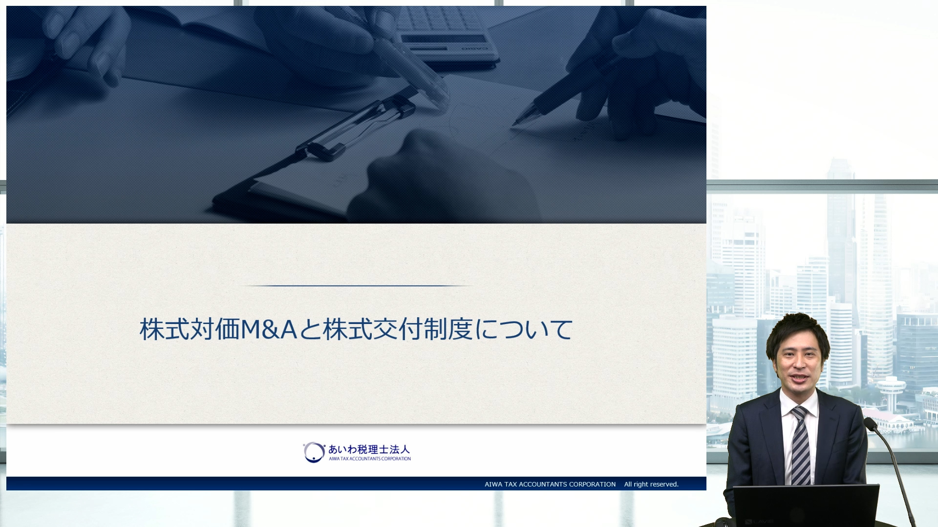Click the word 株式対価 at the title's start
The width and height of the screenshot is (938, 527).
[190, 329]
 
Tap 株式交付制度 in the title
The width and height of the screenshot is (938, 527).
[398, 329]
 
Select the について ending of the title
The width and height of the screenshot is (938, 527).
[524, 329]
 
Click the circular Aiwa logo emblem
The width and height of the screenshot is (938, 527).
[314, 452]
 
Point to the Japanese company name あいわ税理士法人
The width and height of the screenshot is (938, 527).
[369, 449]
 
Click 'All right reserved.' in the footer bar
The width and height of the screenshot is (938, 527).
[651, 484]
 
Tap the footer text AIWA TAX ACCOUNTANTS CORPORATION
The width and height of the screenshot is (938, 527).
[550, 484]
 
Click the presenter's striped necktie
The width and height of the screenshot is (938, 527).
[801, 446]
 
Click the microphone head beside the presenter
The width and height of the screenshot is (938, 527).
[871, 423]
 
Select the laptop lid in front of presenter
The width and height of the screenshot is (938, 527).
[806, 506]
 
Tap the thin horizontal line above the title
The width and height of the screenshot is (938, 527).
[357, 285]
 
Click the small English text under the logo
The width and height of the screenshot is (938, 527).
[370, 459]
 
